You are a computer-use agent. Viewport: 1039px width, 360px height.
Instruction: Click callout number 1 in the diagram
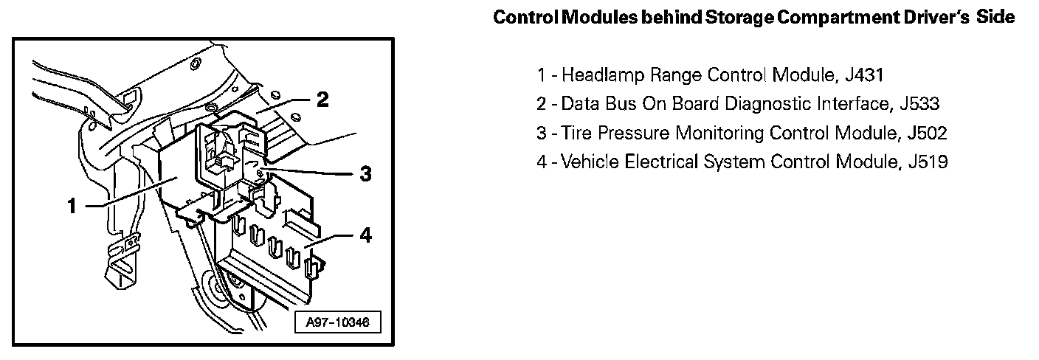72,207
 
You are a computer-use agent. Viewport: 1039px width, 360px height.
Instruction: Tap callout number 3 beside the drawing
364,175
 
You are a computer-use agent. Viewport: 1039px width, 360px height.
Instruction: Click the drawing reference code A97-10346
336,322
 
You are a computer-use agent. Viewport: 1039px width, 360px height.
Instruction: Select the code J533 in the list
919,103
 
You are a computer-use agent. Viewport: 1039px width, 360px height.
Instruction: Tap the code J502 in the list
926,133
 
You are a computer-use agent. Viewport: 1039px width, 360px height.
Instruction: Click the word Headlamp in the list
596,75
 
